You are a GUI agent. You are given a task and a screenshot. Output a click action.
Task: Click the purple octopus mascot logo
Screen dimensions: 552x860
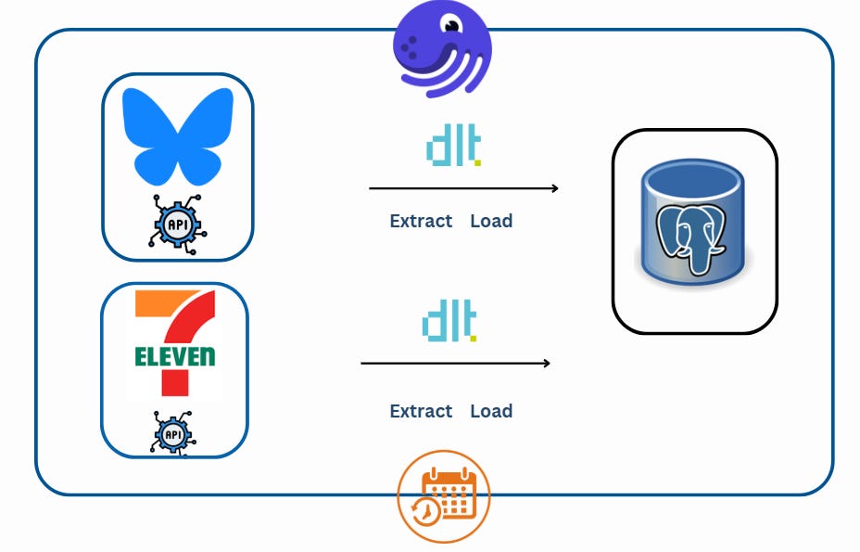[x=440, y=48]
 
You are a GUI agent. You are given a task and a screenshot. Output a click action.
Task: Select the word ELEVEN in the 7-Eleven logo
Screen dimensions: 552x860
[x=174, y=356]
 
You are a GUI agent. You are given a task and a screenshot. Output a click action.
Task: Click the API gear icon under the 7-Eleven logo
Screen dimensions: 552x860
[x=173, y=432]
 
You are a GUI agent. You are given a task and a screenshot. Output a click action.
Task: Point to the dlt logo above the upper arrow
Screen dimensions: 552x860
[x=452, y=148]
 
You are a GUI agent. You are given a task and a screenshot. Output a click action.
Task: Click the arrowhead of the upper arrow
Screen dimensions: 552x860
[x=554, y=188]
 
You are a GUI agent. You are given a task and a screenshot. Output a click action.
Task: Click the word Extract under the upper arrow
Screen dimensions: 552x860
[x=421, y=221]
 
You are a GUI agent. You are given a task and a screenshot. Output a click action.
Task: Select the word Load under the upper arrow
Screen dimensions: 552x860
[x=491, y=221]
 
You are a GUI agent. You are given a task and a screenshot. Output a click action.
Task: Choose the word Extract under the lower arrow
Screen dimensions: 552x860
[x=421, y=411]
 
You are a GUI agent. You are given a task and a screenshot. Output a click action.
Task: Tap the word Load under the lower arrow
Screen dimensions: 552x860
[x=491, y=411]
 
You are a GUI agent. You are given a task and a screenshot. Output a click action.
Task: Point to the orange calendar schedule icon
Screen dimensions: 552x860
[x=444, y=496]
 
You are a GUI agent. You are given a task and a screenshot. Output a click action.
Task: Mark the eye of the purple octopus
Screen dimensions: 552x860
[x=451, y=27]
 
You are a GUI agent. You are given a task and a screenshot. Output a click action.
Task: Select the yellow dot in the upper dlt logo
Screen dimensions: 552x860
[x=477, y=163]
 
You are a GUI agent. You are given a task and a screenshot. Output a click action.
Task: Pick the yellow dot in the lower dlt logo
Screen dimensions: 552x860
[x=474, y=339]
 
